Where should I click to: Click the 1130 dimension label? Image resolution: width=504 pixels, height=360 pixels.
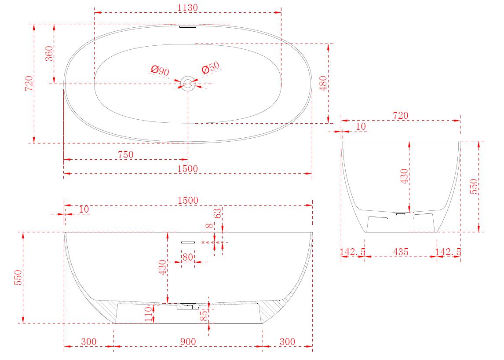click(188, 8)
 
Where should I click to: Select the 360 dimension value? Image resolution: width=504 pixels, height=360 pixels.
click(49, 54)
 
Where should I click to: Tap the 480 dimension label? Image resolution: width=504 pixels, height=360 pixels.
click(323, 83)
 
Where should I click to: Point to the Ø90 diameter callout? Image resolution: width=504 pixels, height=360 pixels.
click(160, 70)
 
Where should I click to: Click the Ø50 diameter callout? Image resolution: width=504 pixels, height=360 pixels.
click(211, 68)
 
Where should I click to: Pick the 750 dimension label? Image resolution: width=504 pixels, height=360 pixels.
click(126, 155)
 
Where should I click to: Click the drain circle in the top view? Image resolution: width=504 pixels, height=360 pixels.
click(188, 84)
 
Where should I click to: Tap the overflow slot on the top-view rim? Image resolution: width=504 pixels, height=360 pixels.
click(188, 27)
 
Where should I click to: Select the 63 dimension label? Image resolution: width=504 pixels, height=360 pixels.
click(218, 213)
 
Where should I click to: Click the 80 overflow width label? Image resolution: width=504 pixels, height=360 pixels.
click(188, 257)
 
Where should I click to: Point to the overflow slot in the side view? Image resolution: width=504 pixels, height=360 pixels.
click(188, 242)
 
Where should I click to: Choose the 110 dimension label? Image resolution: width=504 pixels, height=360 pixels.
click(149, 314)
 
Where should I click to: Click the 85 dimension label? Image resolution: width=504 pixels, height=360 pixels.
click(204, 316)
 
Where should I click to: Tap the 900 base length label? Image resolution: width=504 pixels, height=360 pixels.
click(188, 342)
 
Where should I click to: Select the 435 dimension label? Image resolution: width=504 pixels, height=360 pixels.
click(401, 252)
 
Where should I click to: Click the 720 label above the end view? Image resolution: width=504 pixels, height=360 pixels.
click(401, 115)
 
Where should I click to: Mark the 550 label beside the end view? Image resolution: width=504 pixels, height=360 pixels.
click(474, 186)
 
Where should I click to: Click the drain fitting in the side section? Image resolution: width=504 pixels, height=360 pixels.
click(188, 305)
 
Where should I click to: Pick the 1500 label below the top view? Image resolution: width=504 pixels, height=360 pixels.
click(188, 169)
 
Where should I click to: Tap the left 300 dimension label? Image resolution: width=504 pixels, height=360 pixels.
click(89, 342)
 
